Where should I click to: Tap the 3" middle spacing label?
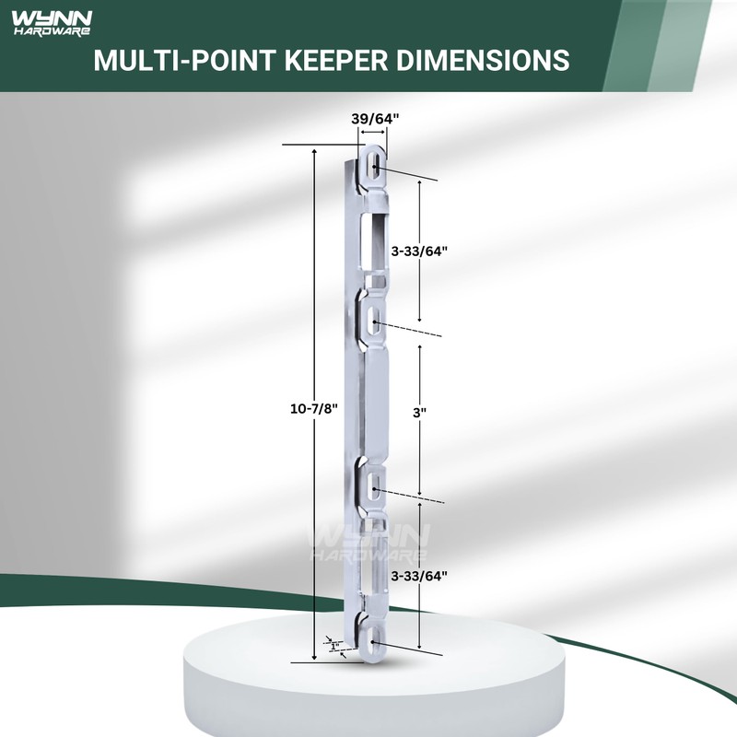click(x=421, y=415)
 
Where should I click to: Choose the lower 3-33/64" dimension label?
click(x=419, y=576)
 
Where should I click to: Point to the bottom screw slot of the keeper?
click(x=375, y=634)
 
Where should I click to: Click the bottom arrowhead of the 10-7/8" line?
click(x=316, y=657)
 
